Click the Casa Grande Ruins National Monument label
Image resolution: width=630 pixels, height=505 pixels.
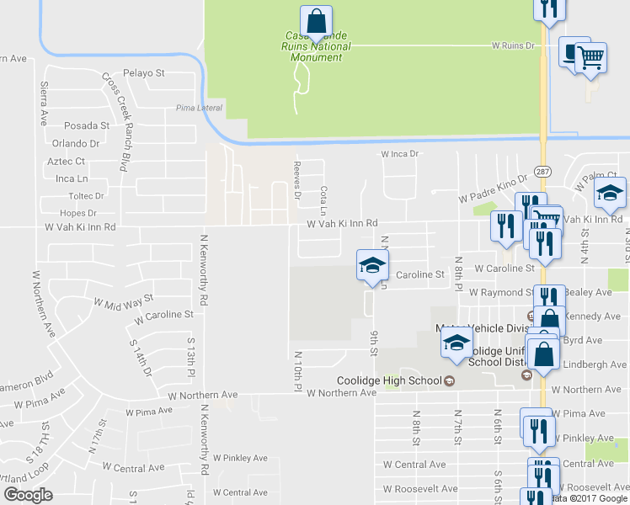pyautogui.click(x=317, y=40)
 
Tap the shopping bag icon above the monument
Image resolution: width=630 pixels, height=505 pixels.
pyautogui.click(x=316, y=20)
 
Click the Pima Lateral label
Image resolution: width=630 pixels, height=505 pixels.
pyautogui.click(x=195, y=108)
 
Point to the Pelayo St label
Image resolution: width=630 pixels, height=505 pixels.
pyautogui.click(x=143, y=73)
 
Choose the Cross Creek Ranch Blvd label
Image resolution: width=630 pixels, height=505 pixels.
pyautogui.click(x=120, y=122)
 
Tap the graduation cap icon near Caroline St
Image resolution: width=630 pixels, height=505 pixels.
pyautogui.click(x=371, y=266)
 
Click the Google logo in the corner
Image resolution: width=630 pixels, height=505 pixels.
pyautogui.click(x=28, y=495)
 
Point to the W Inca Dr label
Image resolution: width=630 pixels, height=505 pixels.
pyautogui.click(x=399, y=154)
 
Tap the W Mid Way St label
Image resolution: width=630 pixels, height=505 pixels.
pyautogui.click(x=124, y=300)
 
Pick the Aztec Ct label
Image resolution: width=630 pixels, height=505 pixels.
pyautogui.click(x=68, y=161)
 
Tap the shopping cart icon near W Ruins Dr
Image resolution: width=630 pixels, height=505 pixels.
pyautogui.click(x=591, y=57)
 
